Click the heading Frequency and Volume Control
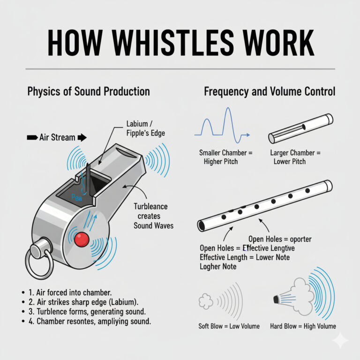point(270,91)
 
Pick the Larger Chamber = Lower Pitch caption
point(295,157)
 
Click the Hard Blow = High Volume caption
point(303,326)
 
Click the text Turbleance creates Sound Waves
point(153,216)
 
